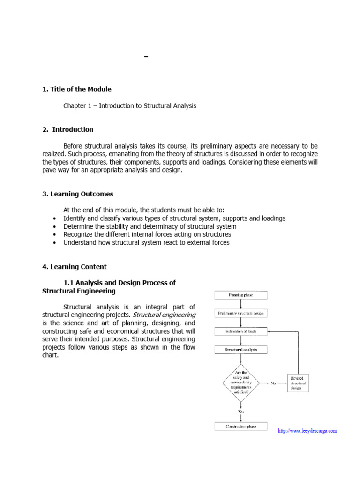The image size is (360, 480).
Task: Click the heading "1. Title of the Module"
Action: (x=77, y=89)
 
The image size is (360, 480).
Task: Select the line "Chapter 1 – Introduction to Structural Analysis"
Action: (x=130, y=106)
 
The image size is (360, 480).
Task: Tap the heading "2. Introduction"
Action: (x=68, y=129)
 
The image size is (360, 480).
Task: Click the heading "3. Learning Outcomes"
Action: (x=78, y=194)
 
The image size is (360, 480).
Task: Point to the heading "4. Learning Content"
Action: (x=75, y=267)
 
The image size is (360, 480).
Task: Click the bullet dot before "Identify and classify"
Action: (x=56, y=219)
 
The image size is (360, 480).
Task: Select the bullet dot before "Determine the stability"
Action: (x=56, y=227)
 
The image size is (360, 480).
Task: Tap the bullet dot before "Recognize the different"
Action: (x=56, y=235)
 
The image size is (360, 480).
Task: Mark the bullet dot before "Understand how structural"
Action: (x=56, y=243)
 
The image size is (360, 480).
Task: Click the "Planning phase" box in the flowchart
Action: (x=241, y=295)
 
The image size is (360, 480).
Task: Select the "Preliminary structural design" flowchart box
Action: (x=241, y=313)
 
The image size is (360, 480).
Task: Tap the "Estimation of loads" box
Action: (x=241, y=331)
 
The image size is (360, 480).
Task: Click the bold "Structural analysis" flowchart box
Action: (x=241, y=350)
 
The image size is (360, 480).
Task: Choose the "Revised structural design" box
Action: (x=300, y=382)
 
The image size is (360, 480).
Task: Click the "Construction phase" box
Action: (x=241, y=426)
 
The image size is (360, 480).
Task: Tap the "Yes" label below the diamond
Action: (x=241, y=411)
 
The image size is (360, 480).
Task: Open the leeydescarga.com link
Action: (x=307, y=430)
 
